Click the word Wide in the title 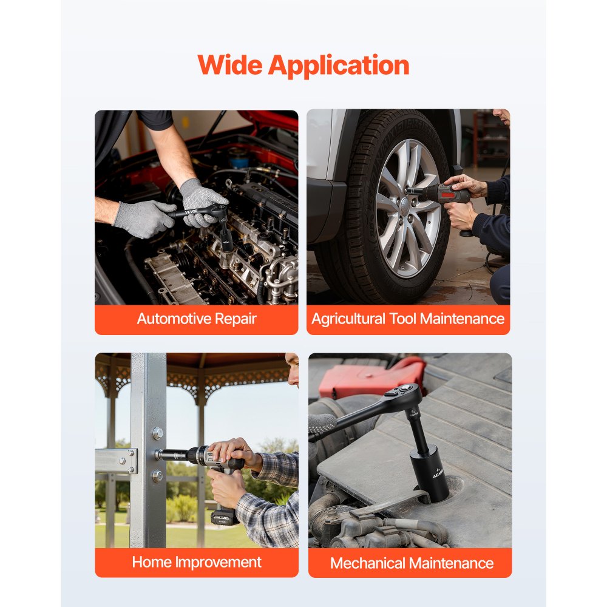(x=230, y=65)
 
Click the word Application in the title (x=338, y=66)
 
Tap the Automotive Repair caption (x=197, y=319)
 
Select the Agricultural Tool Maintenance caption (x=408, y=319)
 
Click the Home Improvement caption (x=197, y=561)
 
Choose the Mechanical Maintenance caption (x=412, y=563)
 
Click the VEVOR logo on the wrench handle (x=192, y=212)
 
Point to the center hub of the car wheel (x=404, y=202)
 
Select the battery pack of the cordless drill (x=224, y=517)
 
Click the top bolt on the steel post (x=158, y=433)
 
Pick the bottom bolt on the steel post (x=157, y=475)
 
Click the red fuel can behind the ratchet (x=371, y=376)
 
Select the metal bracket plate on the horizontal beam (x=116, y=461)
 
